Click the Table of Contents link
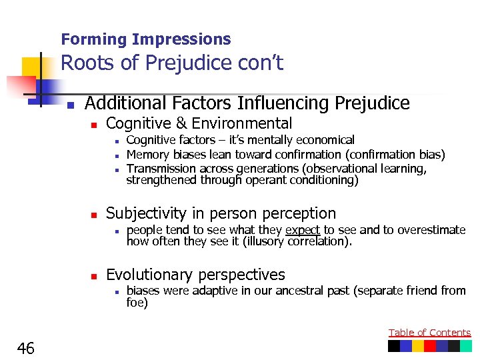[x=429, y=333]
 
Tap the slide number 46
[x=27, y=348]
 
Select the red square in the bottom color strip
[x=430, y=346]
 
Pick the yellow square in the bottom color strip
[x=418, y=346]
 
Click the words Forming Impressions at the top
[x=145, y=39]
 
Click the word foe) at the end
[x=137, y=303]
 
